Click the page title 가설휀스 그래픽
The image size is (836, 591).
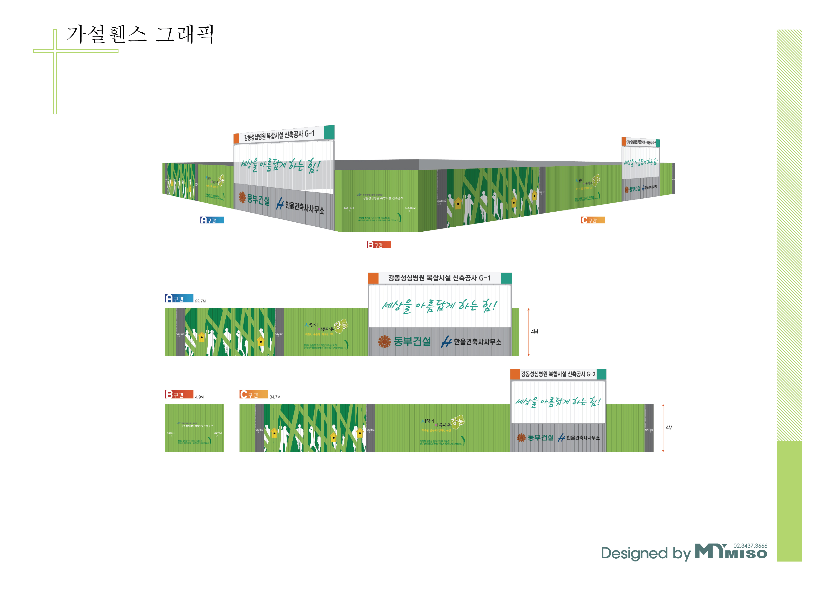tap(140, 35)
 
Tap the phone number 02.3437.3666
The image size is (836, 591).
tap(750, 545)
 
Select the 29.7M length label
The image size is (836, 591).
tap(200, 301)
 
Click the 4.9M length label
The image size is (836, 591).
tap(199, 397)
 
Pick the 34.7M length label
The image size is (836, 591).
tap(275, 397)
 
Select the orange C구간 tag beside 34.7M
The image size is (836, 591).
tap(254, 394)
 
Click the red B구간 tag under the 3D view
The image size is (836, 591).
tap(379, 245)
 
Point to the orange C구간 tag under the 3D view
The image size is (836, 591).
tap(593, 220)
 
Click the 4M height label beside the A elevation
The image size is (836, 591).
tap(534, 331)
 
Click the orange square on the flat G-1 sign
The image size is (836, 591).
tap(373, 278)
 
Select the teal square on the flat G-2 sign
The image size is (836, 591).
tap(602, 374)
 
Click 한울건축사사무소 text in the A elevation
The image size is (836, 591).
tap(477, 341)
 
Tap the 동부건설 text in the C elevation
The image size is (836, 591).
tap(540, 437)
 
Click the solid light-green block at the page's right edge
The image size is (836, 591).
tap(789, 501)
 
